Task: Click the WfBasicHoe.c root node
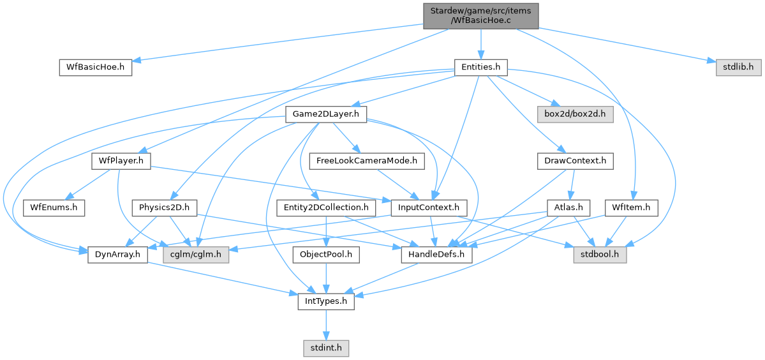[x=480, y=16]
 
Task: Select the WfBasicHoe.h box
[x=95, y=67]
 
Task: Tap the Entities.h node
[x=480, y=67]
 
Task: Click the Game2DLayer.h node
[x=326, y=115]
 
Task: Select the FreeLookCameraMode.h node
[x=366, y=161]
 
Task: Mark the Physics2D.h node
[x=164, y=207]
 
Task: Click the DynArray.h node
[x=117, y=255]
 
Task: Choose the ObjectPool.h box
[x=326, y=255]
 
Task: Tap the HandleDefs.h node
[x=436, y=255]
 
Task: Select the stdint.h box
[x=326, y=349]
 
